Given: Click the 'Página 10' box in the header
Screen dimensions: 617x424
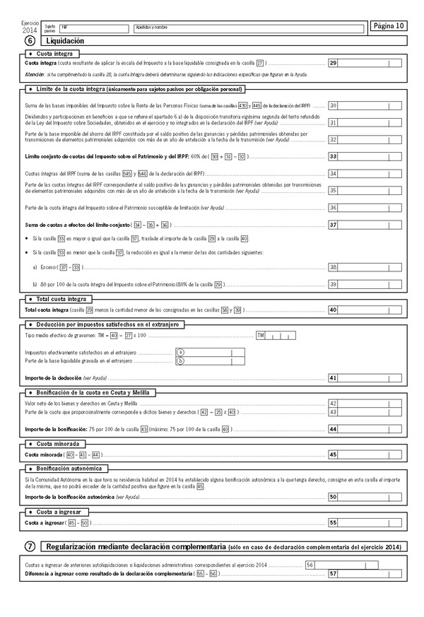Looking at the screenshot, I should click(389, 27).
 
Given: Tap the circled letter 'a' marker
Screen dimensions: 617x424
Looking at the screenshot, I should click(180, 352).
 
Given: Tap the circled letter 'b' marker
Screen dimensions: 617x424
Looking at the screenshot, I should click(180, 361).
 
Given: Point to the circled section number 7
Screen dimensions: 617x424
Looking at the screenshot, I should click(29, 546).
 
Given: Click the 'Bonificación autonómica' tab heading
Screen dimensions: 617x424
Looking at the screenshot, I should click(69, 468).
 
